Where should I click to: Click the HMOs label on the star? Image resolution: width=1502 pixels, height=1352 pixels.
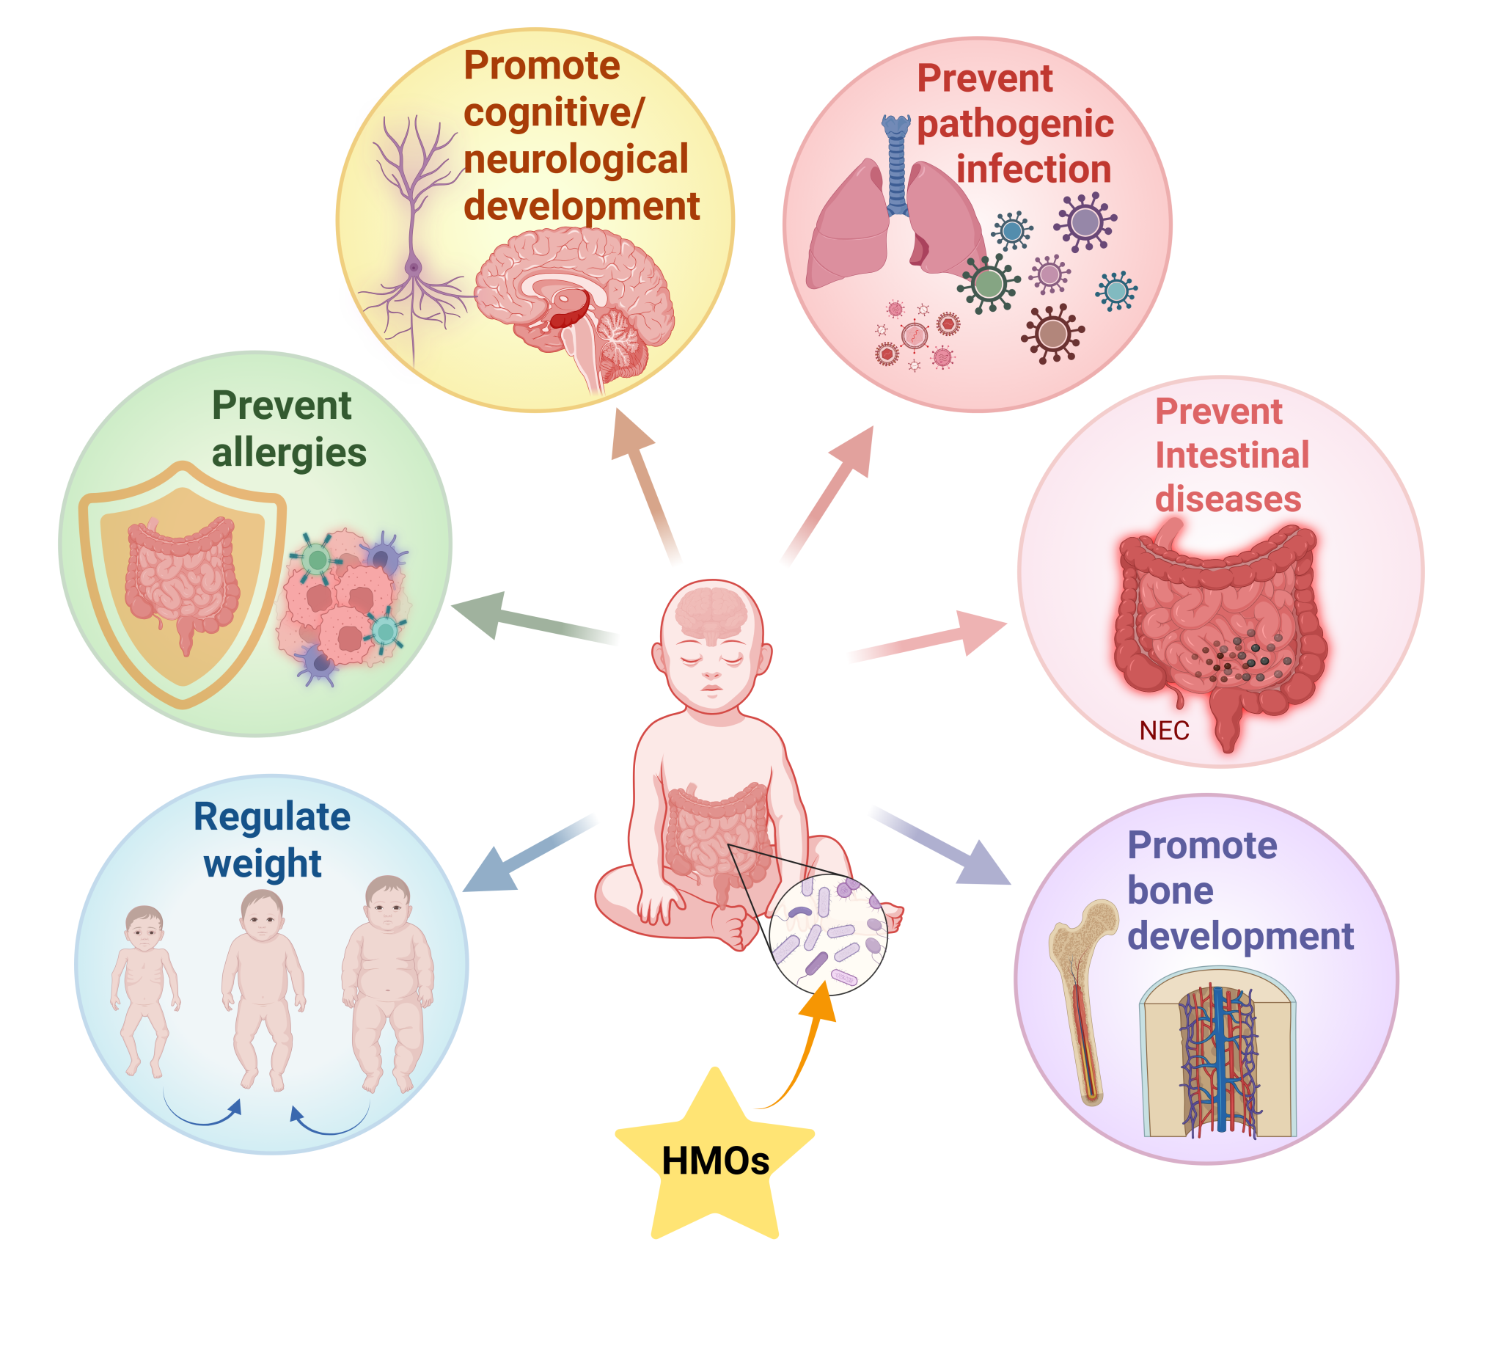click(715, 1161)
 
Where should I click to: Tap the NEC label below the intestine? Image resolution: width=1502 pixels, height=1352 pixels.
click(1164, 731)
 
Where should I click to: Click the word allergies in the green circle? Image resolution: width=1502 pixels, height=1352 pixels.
click(289, 453)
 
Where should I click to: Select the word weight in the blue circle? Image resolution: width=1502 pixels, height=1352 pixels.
click(263, 863)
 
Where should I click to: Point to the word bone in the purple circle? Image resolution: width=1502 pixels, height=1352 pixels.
click(1170, 890)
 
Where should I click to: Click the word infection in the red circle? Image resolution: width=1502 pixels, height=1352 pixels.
click(1033, 169)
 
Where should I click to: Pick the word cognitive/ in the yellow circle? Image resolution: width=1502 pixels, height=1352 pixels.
click(554, 112)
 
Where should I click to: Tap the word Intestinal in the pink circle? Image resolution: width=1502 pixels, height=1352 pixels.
click(1231, 455)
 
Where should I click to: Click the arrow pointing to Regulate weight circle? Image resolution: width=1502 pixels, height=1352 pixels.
click(529, 854)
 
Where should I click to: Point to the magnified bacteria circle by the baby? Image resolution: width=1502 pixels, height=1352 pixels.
click(827, 934)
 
